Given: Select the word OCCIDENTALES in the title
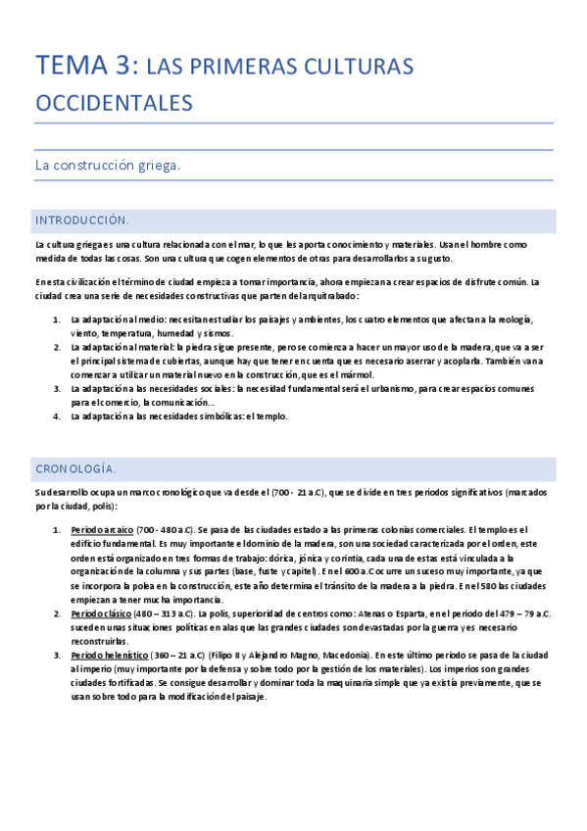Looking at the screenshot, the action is point(114,102).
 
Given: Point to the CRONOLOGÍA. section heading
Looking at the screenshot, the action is point(75,468).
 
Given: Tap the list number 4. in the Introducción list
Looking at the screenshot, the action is point(56,416).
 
